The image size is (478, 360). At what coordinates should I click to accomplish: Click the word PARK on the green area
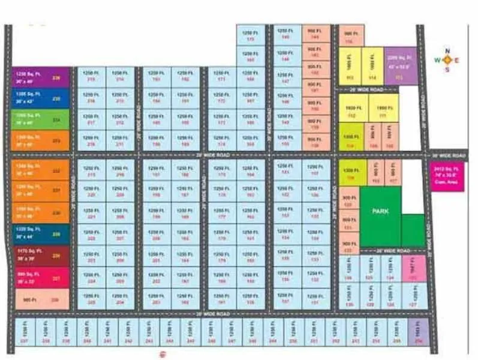(381, 211)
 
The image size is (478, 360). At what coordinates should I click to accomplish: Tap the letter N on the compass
(447, 51)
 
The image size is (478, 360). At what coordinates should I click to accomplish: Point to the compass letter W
(437, 60)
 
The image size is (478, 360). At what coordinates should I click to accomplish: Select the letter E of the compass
(457, 60)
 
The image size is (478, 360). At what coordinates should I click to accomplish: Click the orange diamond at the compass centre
(447, 60)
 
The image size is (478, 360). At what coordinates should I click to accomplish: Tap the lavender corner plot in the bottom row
(417, 332)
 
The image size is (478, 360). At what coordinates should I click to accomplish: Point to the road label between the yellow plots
(366, 89)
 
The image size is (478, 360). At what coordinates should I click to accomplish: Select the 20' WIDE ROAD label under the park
(392, 250)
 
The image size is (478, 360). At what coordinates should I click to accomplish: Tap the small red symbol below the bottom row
(161, 355)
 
